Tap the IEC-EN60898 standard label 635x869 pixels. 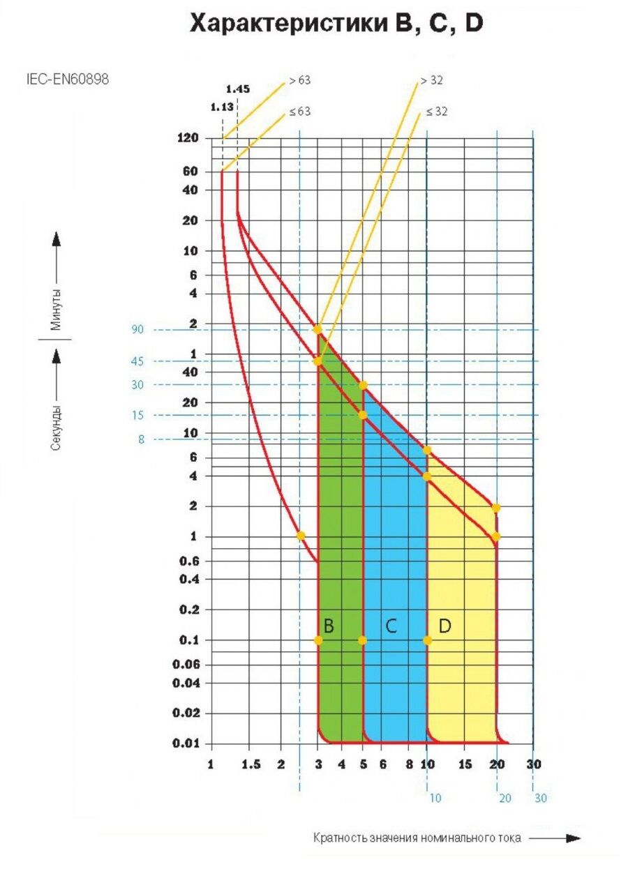click(x=67, y=79)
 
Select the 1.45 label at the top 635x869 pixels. click(x=237, y=89)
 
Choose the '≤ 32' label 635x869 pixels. click(x=435, y=112)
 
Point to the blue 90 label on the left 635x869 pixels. click(x=137, y=329)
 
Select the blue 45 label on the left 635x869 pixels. click(x=137, y=361)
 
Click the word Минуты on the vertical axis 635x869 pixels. click(x=54, y=310)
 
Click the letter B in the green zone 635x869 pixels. click(x=329, y=626)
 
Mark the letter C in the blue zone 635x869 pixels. click(x=391, y=626)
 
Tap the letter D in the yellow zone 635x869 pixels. click(x=444, y=626)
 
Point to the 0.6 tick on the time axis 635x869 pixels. click(x=187, y=561)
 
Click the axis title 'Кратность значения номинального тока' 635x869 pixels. click(x=417, y=838)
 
